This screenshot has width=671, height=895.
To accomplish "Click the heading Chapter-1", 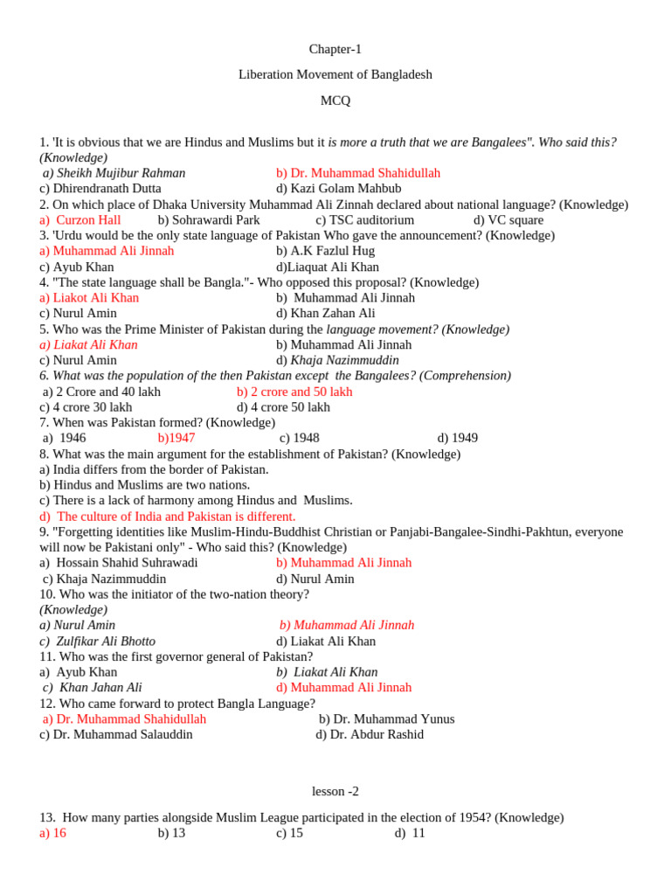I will click(335, 50).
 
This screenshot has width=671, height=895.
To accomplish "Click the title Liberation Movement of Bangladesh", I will click(335, 75).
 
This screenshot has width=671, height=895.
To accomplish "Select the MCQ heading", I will click(335, 101).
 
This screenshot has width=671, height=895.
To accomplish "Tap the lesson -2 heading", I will click(335, 792).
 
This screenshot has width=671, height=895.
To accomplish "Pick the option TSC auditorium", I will click(364, 220).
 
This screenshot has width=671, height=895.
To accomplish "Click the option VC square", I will click(508, 220).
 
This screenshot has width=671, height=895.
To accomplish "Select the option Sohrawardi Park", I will click(209, 220).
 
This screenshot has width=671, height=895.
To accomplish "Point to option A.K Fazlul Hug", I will click(325, 252).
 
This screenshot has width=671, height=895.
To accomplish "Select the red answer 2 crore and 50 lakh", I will click(294, 392).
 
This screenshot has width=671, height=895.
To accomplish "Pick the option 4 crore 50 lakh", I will click(283, 407).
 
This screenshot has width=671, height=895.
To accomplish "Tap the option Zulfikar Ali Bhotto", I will click(99, 642).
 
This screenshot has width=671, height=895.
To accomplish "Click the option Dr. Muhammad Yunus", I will click(386, 719).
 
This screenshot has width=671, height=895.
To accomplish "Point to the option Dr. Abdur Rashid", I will click(369, 735).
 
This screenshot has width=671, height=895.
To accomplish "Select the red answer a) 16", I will click(52, 834).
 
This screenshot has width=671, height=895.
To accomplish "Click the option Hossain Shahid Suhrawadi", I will click(119, 563).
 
